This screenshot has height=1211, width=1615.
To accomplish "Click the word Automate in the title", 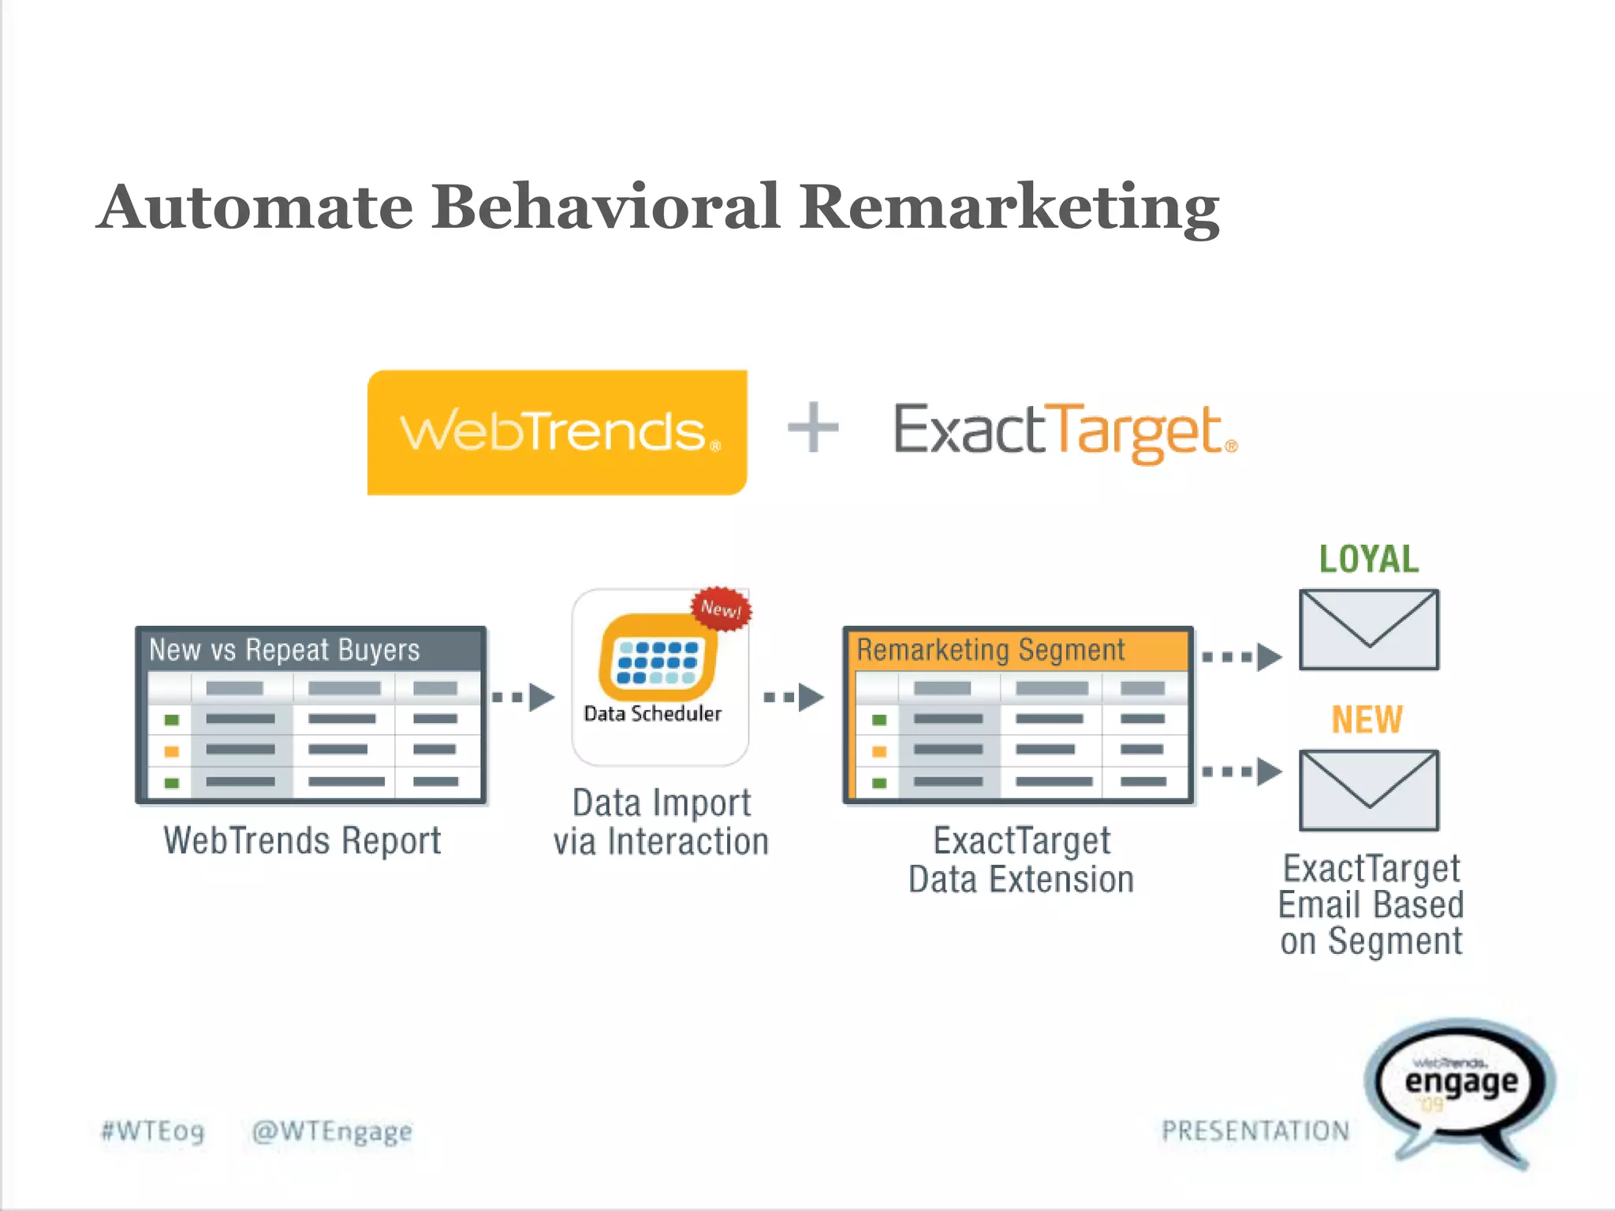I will pyautogui.click(x=255, y=207).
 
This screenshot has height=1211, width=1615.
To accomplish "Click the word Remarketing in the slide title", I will pyautogui.click(x=1009, y=207).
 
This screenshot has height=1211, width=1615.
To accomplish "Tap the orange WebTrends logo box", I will pyautogui.click(x=557, y=432).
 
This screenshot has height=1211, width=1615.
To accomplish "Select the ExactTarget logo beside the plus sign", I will pyautogui.click(x=1065, y=432).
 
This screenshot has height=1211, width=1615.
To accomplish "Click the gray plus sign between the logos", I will pyautogui.click(x=813, y=427).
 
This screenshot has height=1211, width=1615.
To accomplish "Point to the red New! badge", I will pyautogui.click(x=721, y=609).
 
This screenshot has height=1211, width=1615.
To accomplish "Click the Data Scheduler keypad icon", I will pyautogui.click(x=658, y=659).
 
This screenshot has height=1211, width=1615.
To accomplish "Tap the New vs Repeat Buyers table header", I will pyautogui.click(x=311, y=650).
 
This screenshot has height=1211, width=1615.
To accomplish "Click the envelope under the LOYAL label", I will pyautogui.click(x=1369, y=629).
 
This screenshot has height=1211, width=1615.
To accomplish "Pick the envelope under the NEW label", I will pyautogui.click(x=1369, y=790).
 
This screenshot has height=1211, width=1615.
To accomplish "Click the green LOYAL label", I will pyautogui.click(x=1369, y=559).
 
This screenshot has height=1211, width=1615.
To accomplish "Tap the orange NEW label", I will pyautogui.click(x=1367, y=719).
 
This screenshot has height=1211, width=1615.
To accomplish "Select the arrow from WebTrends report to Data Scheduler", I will pyautogui.click(x=524, y=697).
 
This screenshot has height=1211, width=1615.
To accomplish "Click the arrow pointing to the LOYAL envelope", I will pyautogui.click(x=1241, y=656).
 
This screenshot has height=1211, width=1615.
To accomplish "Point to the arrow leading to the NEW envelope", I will pyautogui.click(x=1241, y=771).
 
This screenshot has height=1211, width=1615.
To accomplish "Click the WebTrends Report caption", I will pyautogui.click(x=302, y=840).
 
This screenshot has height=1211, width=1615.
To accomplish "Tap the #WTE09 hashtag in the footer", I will pyautogui.click(x=153, y=1131).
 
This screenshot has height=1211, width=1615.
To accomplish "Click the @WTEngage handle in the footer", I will pyautogui.click(x=332, y=1131).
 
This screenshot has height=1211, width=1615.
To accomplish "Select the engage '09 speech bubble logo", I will pyautogui.click(x=1461, y=1088).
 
